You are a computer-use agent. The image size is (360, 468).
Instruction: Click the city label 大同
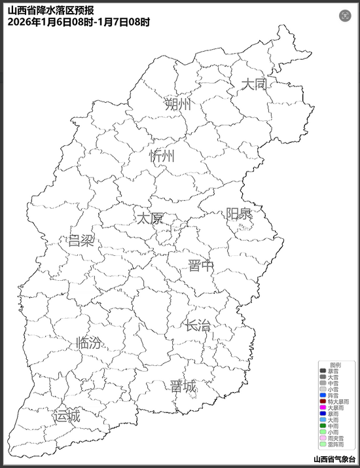click(x=253, y=84)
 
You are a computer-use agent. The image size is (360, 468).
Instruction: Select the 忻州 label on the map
click(x=162, y=156)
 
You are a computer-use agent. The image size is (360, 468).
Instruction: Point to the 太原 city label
click(x=149, y=218)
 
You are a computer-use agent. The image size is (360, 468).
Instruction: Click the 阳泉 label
click(x=239, y=214)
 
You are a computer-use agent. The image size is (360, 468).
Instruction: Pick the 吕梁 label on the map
click(x=81, y=240)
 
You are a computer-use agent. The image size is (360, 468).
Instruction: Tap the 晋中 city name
click(x=200, y=265)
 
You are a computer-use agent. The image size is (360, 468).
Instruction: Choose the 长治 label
click(x=197, y=325)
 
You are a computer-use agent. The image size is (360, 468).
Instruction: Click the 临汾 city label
click(x=89, y=343)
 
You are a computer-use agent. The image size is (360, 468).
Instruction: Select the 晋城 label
click(x=183, y=386)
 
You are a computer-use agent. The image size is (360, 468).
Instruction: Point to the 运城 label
click(x=67, y=416)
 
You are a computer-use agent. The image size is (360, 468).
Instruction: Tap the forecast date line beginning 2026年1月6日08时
click(x=79, y=22)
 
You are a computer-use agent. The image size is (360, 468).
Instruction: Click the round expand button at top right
click(x=345, y=16)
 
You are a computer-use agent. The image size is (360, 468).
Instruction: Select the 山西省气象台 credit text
click(x=335, y=459)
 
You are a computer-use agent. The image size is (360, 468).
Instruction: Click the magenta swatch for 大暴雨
click(x=323, y=407)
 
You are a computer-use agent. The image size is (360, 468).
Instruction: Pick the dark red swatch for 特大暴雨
click(x=323, y=401)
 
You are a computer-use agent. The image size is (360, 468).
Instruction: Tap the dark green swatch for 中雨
click(x=323, y=425)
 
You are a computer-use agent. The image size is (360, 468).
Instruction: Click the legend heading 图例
click(x=335, y=364)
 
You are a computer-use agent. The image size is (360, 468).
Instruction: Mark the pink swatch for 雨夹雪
click(x=323, y=438)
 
